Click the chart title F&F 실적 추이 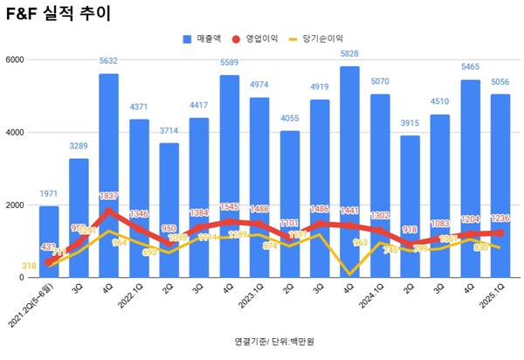(x=55, y=15)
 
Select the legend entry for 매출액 (x=204, y=39)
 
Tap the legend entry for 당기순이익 (x=322, y=39)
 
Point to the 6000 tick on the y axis (x=17, y=59)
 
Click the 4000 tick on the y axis (x=17, y=133)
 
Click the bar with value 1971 (x=50, y=245)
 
